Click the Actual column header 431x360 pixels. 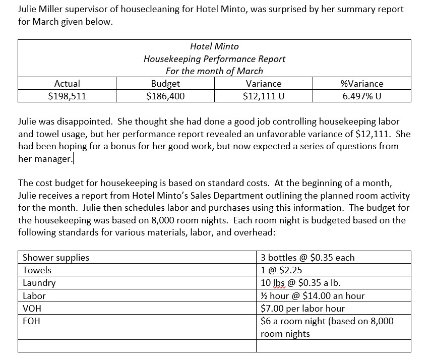(x=67, y=84)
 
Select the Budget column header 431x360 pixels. (x=165, y=84)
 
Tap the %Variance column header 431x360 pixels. (x=362, y=84)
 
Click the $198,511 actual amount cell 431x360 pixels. (x=67, y=96)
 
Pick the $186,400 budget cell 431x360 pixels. (x=165, y=96)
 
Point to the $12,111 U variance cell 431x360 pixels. (x=263, y=96)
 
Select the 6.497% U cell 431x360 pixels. (x=362, y=96)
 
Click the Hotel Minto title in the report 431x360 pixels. (x=214, y=46)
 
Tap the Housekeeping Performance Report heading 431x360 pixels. (x=214, y=58)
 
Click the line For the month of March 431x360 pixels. (x=214, y=71)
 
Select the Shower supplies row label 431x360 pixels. (x=56, y=258)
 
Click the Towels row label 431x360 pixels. (x=37, y=270)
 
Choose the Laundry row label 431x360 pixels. (x=39, y=283)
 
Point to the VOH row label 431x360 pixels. (x=32, y=309)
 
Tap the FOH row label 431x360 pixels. (x=31, y=321)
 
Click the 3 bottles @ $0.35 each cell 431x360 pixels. (x=307, y=258)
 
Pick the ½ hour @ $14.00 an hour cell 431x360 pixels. (x=312, y=296)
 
